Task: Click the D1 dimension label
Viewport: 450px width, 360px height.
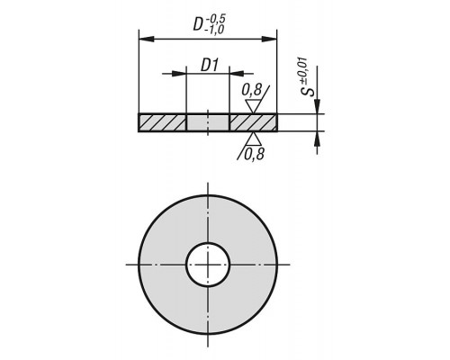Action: click(x=210, y=65)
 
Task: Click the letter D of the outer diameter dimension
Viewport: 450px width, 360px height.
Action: click(x=199, y=24)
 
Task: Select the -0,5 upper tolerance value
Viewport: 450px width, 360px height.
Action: click(x=216, y=19)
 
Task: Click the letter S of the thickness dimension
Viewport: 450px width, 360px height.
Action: click(x=309, y=91)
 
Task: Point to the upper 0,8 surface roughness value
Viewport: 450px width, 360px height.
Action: click(x=252, y=90)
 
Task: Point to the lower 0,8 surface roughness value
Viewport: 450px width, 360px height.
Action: click(x=254, y=155)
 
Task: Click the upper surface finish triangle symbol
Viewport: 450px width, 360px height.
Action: click(x=254, y=106)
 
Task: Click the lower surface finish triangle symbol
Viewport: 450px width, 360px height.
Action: click(x=254, y=139)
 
